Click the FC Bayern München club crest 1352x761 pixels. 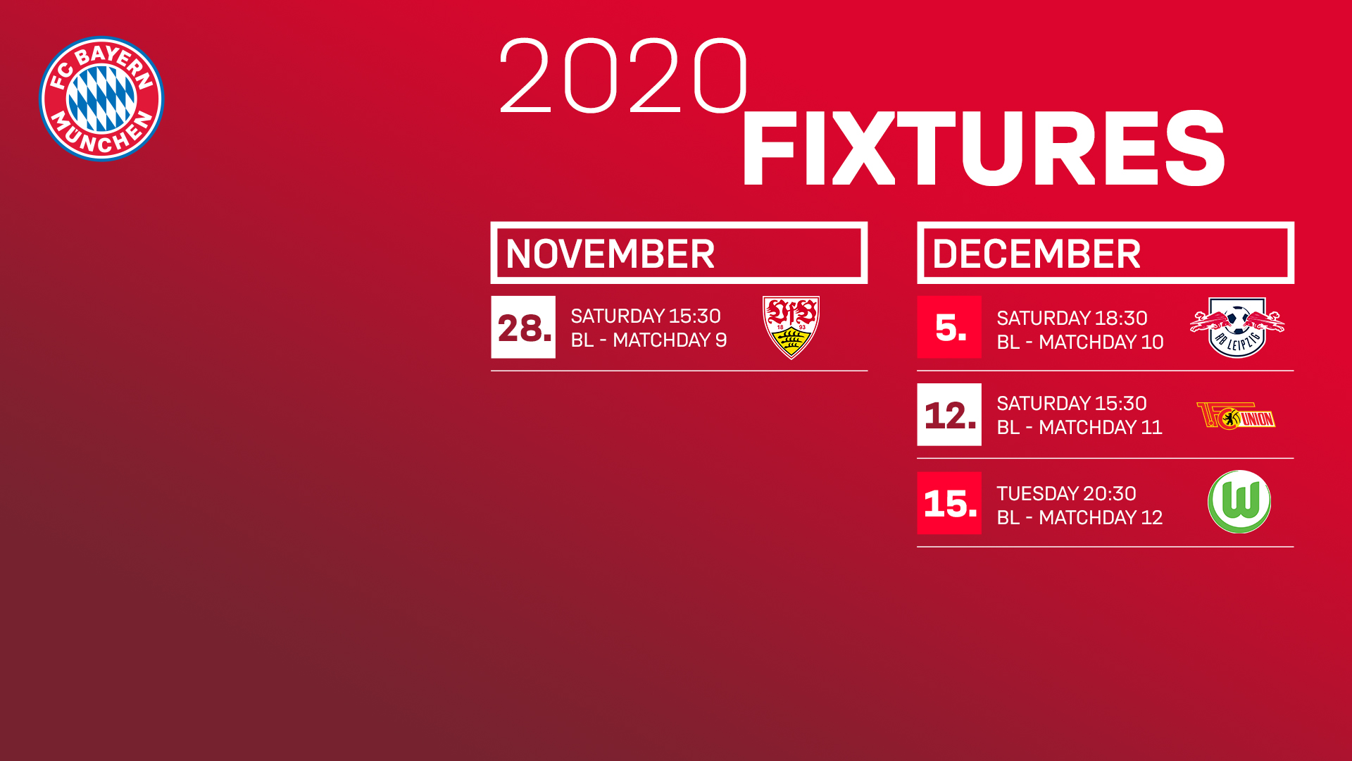point(101,99)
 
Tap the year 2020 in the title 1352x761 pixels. point(623,76)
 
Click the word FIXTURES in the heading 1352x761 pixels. point(983,149)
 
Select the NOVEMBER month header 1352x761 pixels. point(679,253)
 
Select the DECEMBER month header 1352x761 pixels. point(1106,253)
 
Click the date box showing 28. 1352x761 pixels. point(523,327)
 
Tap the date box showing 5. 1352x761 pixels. point(949,327)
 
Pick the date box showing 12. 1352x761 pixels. point(949,414)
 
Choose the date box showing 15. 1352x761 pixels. point(949,503)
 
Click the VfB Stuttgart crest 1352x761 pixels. point(791,328)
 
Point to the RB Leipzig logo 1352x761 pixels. point(1237,328)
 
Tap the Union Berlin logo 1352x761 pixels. point(1237,416)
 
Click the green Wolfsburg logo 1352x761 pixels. point(1239,502)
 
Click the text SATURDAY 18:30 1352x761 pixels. point(1072,318)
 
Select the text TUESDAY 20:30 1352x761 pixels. point(1066,493)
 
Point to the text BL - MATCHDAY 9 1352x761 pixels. point(649,340)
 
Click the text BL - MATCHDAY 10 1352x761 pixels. point(1080,342)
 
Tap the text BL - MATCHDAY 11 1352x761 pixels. point(1079,428)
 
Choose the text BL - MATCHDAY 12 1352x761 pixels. point(1079,518)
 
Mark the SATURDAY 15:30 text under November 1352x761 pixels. point(646,316)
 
